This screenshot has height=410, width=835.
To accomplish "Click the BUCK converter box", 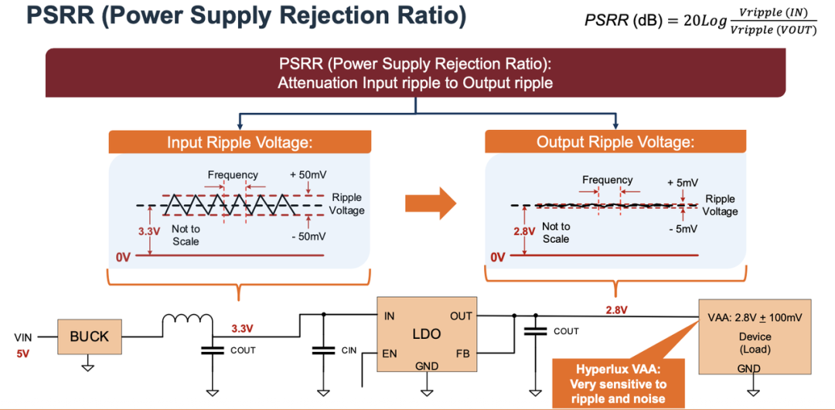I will click(90, 337).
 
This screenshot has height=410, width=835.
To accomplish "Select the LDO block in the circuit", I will click(425, 334).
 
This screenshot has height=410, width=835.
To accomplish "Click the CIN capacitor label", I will click(349, 350).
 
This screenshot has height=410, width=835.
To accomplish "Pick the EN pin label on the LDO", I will click(390, 354).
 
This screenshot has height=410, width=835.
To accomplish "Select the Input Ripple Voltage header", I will click(240, 142).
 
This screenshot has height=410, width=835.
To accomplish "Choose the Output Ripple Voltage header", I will click(615, 142).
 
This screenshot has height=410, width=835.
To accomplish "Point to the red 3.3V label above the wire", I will click(243, 329).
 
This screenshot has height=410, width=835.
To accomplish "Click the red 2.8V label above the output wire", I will click(615, 309).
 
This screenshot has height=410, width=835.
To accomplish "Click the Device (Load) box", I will click(755, 336).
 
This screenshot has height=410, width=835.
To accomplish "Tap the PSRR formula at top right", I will click(700, 21).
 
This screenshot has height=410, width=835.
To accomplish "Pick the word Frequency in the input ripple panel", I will click(233, 175).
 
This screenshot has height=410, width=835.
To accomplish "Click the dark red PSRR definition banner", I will click(415, 73).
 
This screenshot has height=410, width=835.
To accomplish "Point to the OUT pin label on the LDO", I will click(461, 316).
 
